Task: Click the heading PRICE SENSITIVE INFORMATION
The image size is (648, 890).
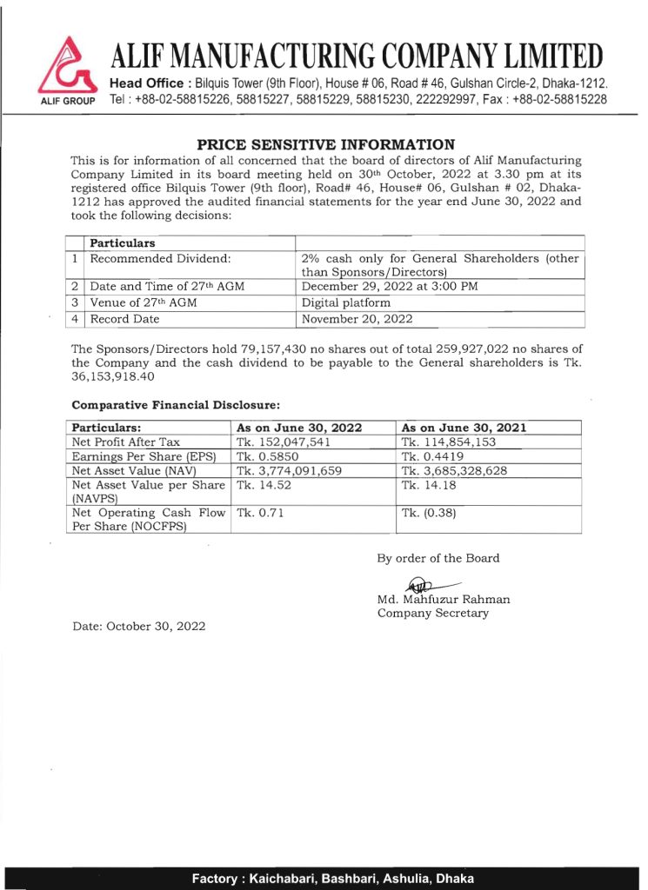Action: tap(325, 144)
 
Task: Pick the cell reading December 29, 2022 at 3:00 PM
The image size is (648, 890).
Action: tap(389, 286)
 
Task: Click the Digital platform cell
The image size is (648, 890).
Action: tap(345, 302)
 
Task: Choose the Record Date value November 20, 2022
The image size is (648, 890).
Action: tap(357, 319)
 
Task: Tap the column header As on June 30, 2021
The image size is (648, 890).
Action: tap(464, 428)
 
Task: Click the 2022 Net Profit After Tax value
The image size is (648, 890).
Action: tap(284, 442)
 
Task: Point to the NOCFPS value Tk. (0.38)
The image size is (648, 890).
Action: tap(429, 513)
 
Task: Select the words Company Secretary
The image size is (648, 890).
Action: tap(432, 613)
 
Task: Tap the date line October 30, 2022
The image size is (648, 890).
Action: tap(138, 627)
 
